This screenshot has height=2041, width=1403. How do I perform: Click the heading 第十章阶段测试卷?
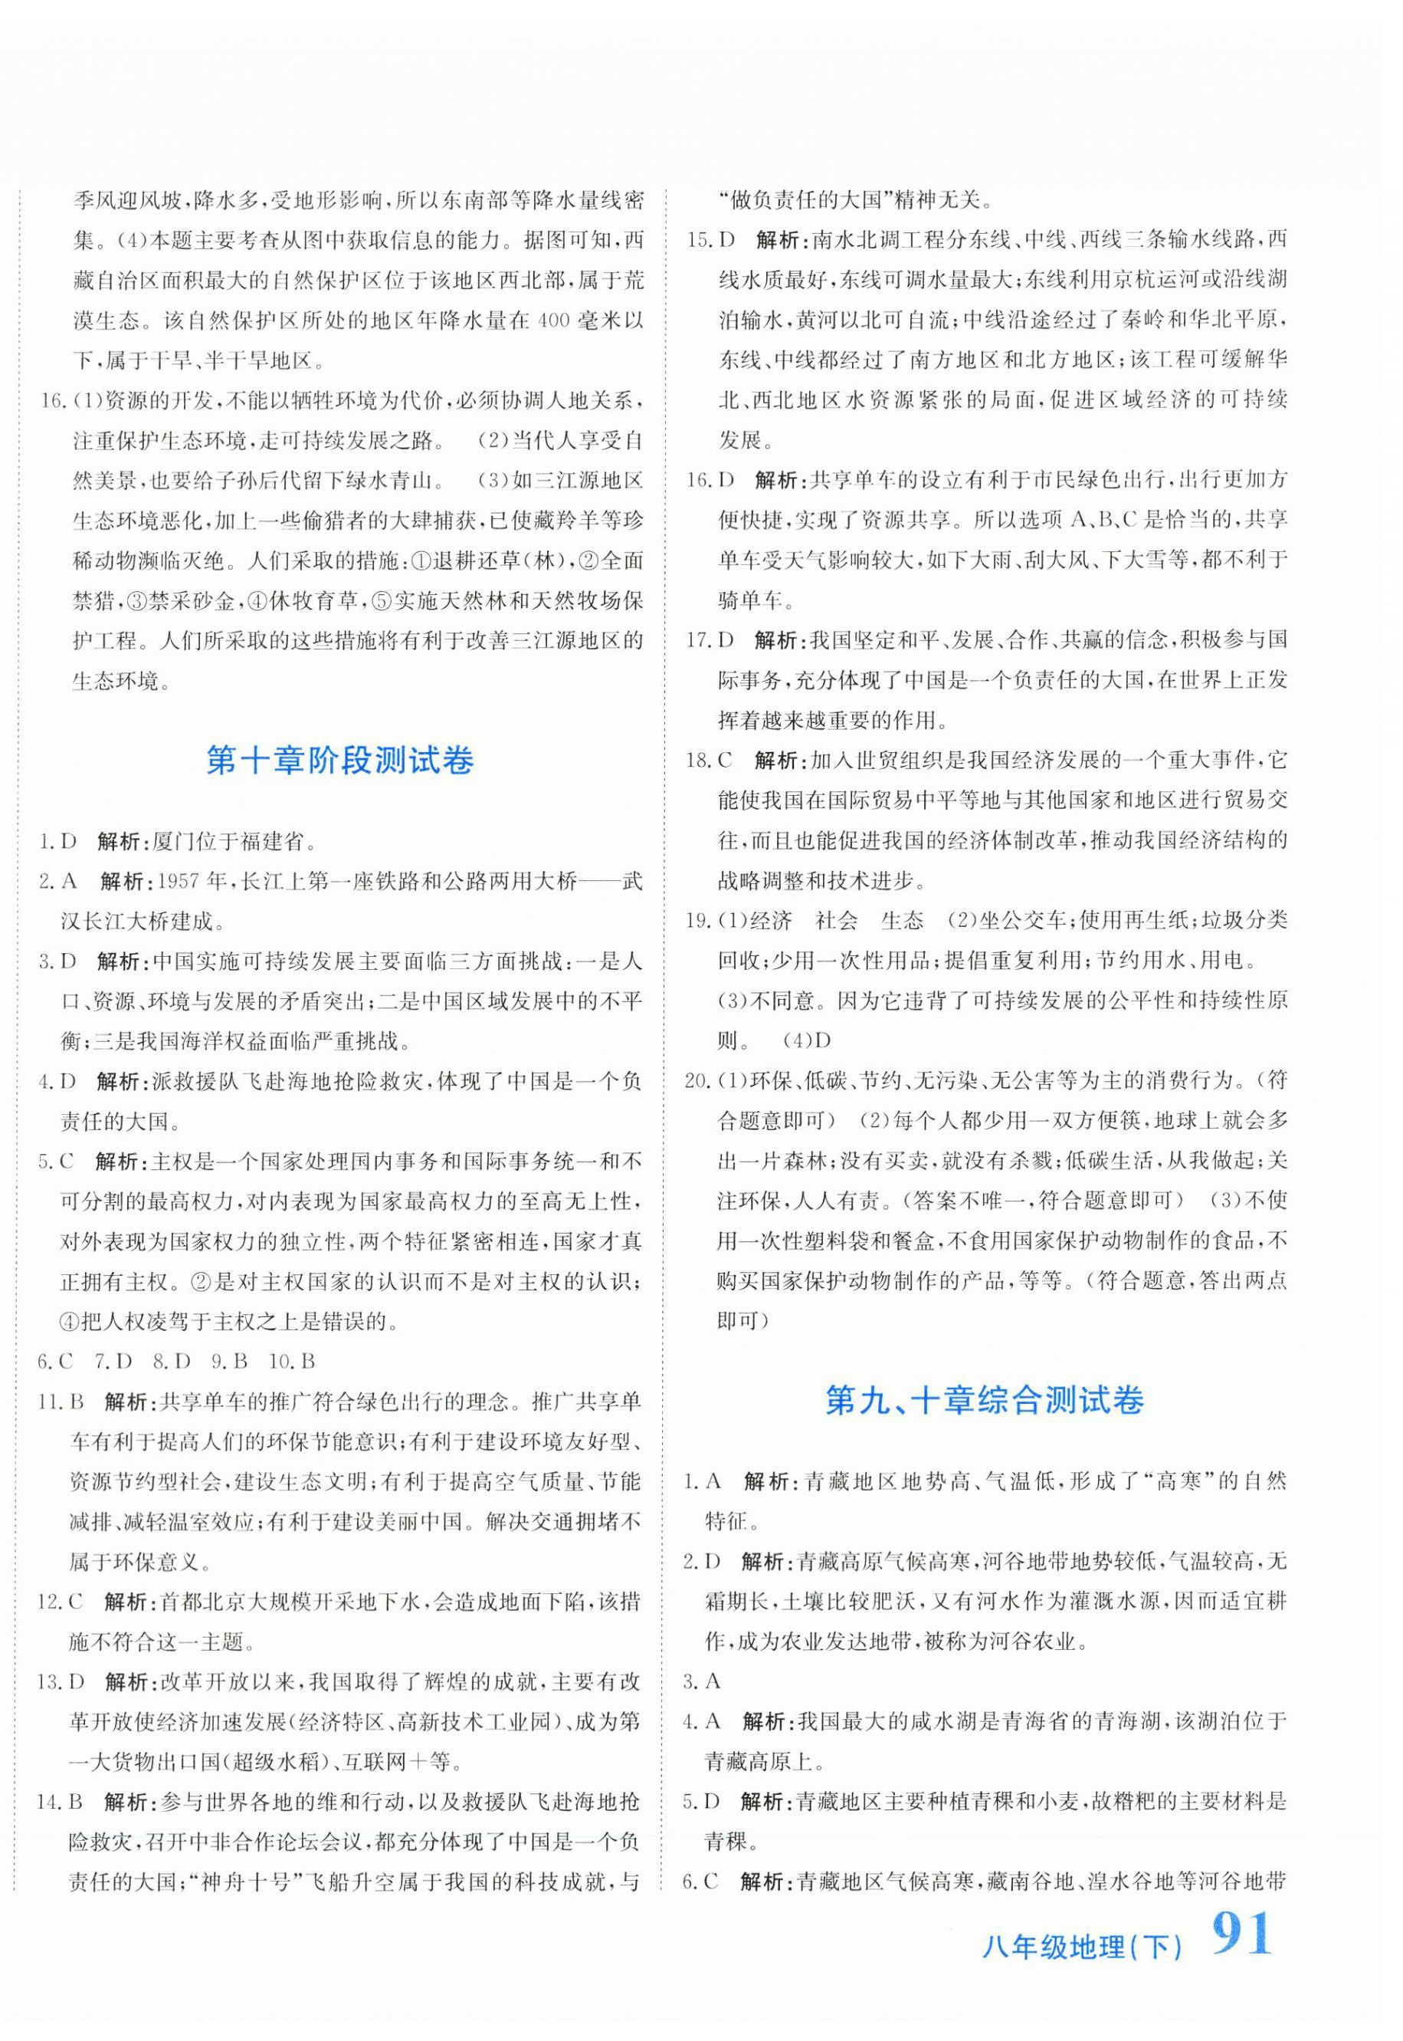pos(339,761)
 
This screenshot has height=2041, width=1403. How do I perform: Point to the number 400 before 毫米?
pos(554,320)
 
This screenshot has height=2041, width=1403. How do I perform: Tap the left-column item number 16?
pos(54,401)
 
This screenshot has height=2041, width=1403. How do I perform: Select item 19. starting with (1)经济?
pos(698,921)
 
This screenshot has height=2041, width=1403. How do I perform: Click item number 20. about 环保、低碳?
pos(698,1081)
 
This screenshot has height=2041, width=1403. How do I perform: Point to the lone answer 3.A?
pos(702,1681)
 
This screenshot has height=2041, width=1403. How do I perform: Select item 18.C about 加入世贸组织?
pos(710,761)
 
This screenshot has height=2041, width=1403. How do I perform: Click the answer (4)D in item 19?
pos(806,1040)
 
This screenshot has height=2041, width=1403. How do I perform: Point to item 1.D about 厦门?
pos(58,842)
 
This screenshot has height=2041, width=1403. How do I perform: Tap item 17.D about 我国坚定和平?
pos(710,640)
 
